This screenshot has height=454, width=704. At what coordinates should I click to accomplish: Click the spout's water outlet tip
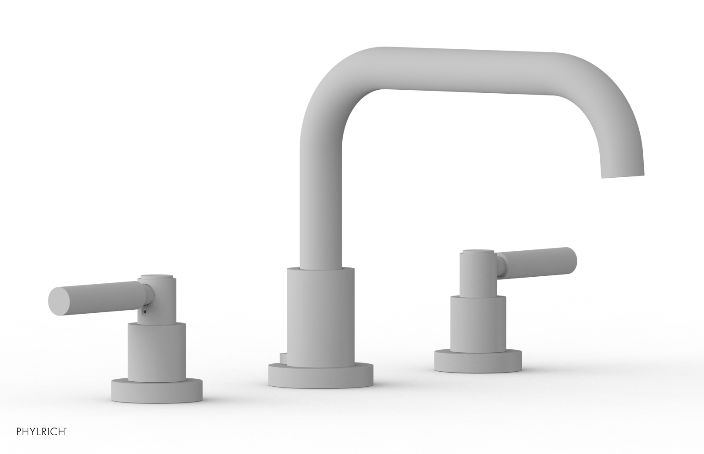[623, 176]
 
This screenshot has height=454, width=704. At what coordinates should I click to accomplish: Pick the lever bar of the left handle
[97, 294]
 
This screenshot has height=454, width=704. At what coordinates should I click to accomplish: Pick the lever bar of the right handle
[539, 258]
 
